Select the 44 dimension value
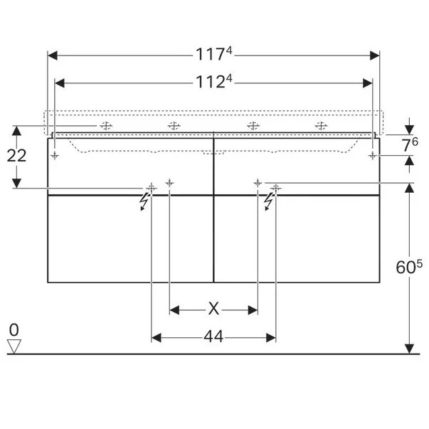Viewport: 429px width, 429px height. [213, 337]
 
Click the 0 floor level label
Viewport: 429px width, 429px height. [14, 330]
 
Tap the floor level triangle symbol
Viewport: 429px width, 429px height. [14, 346]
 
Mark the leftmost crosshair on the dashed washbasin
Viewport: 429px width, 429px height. [106, 126]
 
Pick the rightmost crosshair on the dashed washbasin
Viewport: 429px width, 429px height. [321, 126]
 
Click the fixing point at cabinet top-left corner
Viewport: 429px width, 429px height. [55, 154]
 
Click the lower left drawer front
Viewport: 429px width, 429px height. [130, 238]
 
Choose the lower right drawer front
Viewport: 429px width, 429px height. [297, 238]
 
